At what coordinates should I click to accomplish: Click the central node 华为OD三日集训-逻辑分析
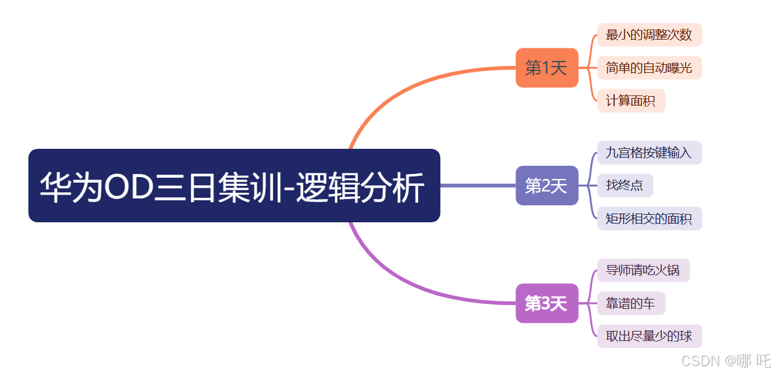pyautogui.click(x=234, y=185)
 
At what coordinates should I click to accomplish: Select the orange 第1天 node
pyautogui.click(x=546, y=68)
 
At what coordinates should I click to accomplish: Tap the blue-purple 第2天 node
pyautogui.click(x=546, y=185)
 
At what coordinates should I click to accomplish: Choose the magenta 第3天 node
pyautogui.click(x=546, y=304)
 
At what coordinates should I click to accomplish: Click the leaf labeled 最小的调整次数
pyautogui.click(x=649, y=35)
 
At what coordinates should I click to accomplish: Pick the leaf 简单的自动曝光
pyautogui.click(x=649, y=68)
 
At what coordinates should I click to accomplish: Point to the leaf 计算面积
pyautogui.click(x=630, y=100)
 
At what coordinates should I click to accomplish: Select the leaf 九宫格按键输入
pyautogui.click(x=649, y=153)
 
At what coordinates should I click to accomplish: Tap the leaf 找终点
pyautogui.click(x=624, y=185)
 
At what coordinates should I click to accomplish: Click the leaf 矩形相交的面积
pyautogui.click(x=649, y=219)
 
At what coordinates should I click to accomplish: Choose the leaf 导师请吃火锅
pyautogui.click(x=642, y=271)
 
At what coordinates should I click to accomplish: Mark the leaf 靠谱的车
pyautogui.click(x=630, y=304)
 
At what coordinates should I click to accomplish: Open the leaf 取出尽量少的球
pyautogui.click(x=649, y=337)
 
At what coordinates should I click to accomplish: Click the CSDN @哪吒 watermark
pyautogui.click(x=725, y=361)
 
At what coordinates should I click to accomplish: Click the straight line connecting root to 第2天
pyautogui.click(x=477, y=185)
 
